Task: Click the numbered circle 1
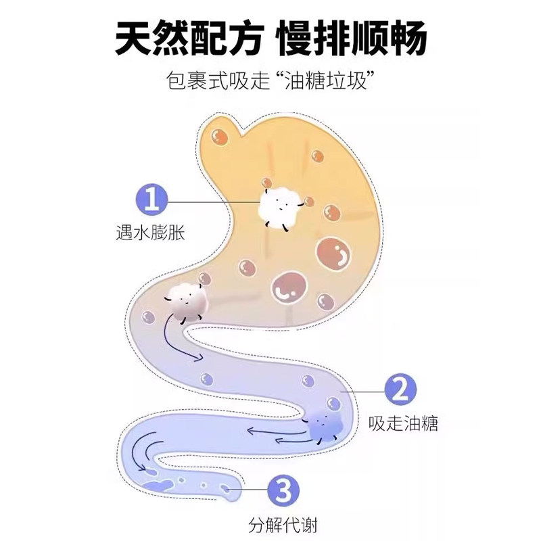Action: coord(153,200)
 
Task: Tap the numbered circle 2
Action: coord(400,390)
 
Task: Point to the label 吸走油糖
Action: coord(404,424)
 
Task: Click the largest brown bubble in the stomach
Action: coord(335,256)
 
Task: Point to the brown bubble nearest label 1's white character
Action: coord(309,201)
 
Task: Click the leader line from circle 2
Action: coord(363,390)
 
